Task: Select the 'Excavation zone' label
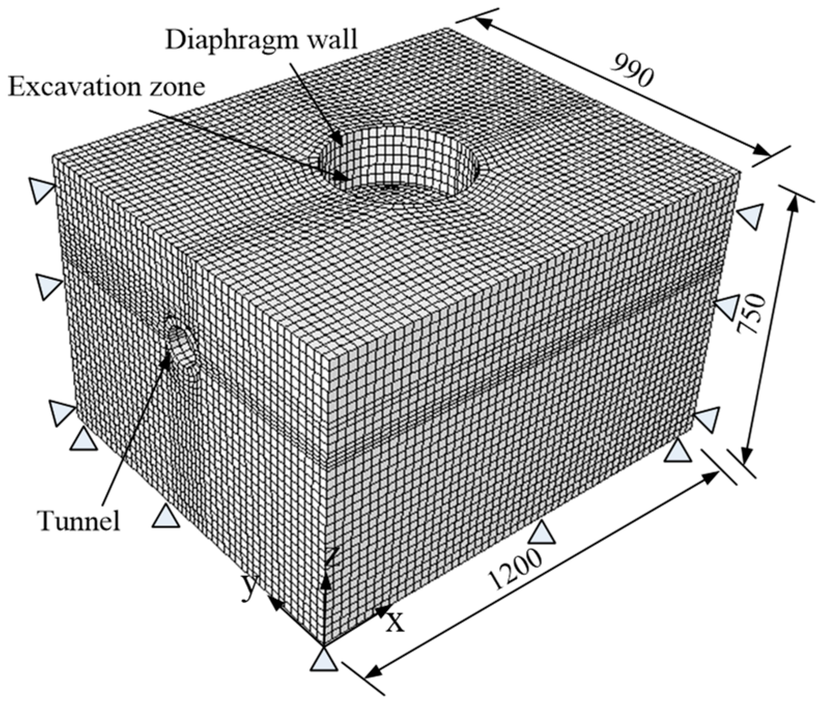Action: click(x=106, y=87)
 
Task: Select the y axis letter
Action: click(x=250, y=587)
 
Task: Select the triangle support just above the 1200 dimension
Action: click(x=542, y=534)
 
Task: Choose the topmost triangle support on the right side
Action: click(x=751, y=216)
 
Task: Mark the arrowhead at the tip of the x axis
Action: click(x=382, y=612)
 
